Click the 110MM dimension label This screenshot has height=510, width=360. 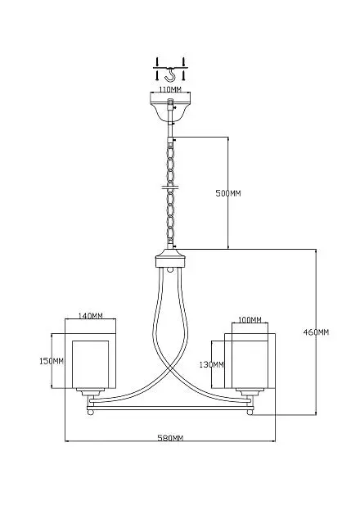[x=170, y=89]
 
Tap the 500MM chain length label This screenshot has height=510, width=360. [x=228, y=193]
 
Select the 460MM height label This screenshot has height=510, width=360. [x=316, y=332]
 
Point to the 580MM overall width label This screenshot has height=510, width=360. [x=170, y=438]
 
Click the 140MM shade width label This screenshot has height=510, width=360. [x=90, y=315]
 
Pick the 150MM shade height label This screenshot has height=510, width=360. [x=52, y=361]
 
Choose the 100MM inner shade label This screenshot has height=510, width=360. [x=250, y=320]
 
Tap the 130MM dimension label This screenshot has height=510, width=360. [x=211, y=364]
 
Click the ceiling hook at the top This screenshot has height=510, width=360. [x=170, y=74]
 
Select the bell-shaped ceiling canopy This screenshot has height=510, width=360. [x=170, y=106]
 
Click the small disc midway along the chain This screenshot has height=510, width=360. [x=170, y=187]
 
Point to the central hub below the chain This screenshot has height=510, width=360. [x=170, y=259]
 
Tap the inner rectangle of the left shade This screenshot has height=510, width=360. [x=90, y=364]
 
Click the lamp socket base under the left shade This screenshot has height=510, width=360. [x=90, y=392]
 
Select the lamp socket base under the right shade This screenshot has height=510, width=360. [x=250, y=392]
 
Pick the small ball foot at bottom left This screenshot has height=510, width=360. [x=91, y=412]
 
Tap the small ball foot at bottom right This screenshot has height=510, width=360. [x=250, y=412]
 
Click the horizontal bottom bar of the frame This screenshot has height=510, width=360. [x=170, y=408]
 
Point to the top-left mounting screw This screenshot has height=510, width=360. [x=157, y=61]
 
